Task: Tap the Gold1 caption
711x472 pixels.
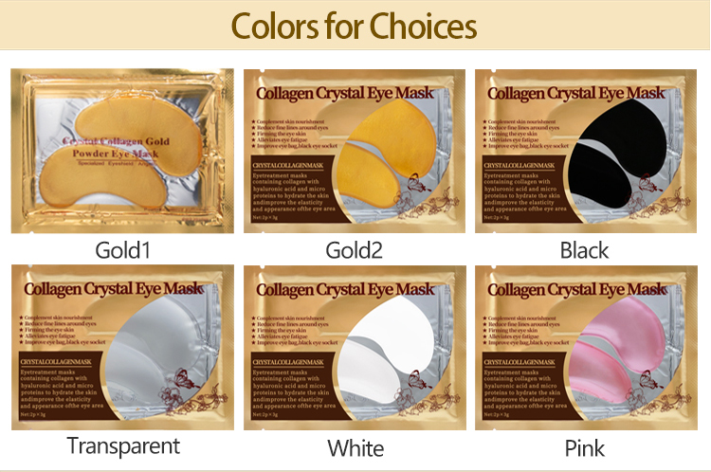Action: click(122, 251)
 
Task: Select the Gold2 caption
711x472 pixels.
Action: click(355, 251)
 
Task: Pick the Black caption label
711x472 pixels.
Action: click(585, 251)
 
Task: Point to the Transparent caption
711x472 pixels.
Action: click(122, 445)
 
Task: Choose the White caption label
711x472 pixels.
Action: click(355, 447)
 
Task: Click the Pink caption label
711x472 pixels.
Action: click(585, 447)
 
